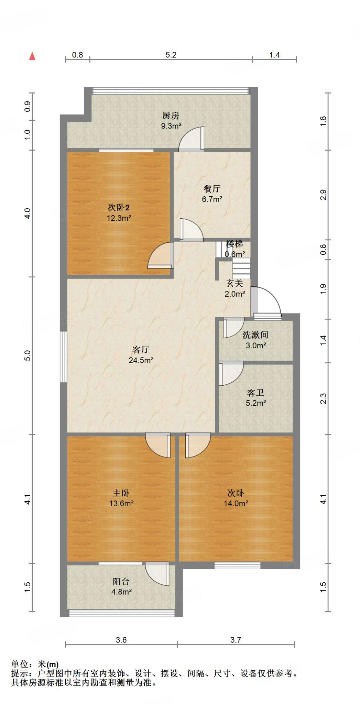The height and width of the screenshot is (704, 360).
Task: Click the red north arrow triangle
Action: pyautogui.click(x=32, y=56)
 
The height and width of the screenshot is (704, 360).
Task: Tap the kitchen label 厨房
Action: pyautogui.click(x=171, y=115)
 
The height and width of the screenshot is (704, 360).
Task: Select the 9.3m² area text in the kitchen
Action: pyautogui.click(x=171, y=126)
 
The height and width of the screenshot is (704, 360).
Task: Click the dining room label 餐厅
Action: pyautogui.click(x=212, y=189)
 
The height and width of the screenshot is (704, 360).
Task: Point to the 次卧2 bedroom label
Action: pyautogui.click(x=119, y=208)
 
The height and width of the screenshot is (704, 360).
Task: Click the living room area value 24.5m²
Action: pyautogui.click(x=141, y=360)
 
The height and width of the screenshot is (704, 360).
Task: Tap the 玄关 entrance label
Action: pyautogui.click(x=235, y=283)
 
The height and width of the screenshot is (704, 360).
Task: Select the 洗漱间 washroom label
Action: pyautogui.click(x=255, y=335)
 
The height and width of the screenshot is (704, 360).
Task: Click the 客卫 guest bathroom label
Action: pyautogui.click(x=255, y=393)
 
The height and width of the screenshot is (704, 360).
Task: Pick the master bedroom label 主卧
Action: pyautogui.click(x=121, y=493)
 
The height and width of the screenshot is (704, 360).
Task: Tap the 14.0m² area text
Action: pyautogui.click(x=236, y=503)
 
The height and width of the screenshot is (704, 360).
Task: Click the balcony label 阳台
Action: pyautogui.click(x=121, y=581)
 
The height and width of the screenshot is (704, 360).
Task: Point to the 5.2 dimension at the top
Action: pyautogui.click(x=171, y=55)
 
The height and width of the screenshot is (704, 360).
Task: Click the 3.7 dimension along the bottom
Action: pyautogui.click(x=236, y=640)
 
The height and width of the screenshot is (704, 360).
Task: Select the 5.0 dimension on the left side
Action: pyautogui.click(x=28, y=355)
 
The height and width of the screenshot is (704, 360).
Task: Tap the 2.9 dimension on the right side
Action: pyautogui.click(x=323, y=195)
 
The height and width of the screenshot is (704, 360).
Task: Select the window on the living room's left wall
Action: pyautogui.click(x=63, y=356)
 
